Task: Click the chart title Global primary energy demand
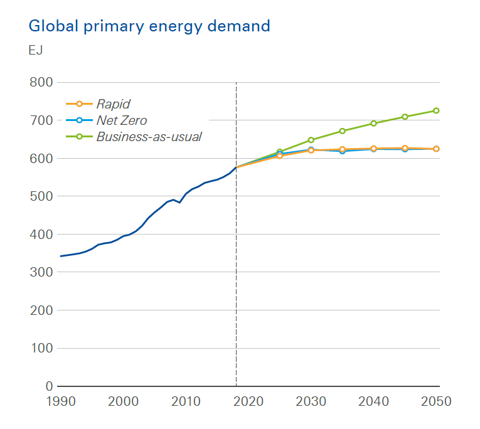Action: (x=149, y=26)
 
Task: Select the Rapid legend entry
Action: (x=113, y=104)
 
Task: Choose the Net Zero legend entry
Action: (x=121, y=120)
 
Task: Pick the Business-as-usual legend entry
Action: (x=149, y=136)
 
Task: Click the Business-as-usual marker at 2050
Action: (x=436, y=111)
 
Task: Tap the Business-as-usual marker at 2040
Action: (x=373, y=124)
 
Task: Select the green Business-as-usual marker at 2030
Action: (x=311, y=140)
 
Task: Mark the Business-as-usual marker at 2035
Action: (x=342, y=131)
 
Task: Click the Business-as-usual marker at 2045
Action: (x=405, y=117)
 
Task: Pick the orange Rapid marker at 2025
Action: (x=280, y=156)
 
